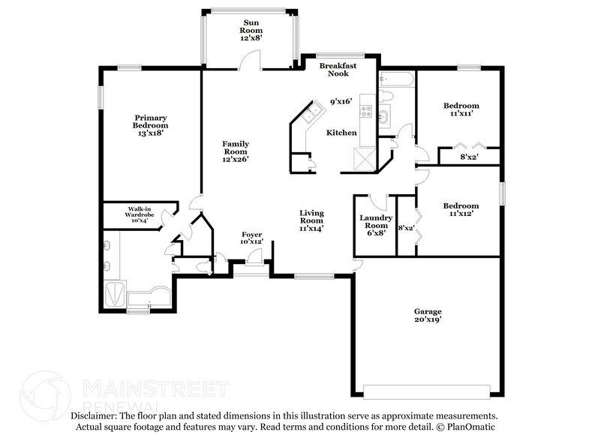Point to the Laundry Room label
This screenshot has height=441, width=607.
pyautogui.click(x=376, y=221)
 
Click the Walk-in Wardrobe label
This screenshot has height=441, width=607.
pyautogui.click(x=139, y=211)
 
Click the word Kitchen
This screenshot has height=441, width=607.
pyautogui.click(x=341, y=133)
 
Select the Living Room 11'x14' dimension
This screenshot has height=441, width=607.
pyautogui.click(x=311, y=229)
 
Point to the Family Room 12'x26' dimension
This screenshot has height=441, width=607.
pyautogui.click(x=234, y=158)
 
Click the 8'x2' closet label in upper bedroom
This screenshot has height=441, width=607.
pyautogui.click(x=469, y=157)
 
